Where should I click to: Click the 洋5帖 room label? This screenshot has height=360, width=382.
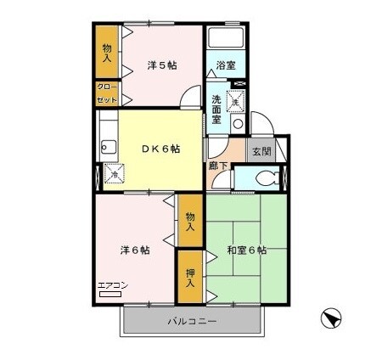coord(161,65)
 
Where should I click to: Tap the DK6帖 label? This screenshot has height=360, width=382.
coord(160,149)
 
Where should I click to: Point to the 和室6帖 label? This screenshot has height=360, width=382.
coord(247,250)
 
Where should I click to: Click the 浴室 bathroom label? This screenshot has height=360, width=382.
coord(225,65)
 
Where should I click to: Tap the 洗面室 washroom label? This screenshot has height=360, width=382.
coord(217,109)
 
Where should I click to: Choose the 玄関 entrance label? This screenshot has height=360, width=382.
coord(259,151)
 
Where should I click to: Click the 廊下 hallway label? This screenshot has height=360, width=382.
coord(217,166)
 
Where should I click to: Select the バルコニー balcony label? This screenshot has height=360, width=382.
coord(191,322)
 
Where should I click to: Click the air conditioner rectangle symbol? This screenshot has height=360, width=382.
coord(110,294)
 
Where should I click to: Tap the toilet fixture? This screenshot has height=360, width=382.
coord(266,179)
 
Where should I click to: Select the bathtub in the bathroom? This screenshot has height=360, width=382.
coord(224,39)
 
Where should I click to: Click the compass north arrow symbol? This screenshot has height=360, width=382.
coord(330,320)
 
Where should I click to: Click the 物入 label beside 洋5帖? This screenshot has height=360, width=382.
coord(107,52)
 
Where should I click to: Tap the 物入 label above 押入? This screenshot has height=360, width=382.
coord(191,221)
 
